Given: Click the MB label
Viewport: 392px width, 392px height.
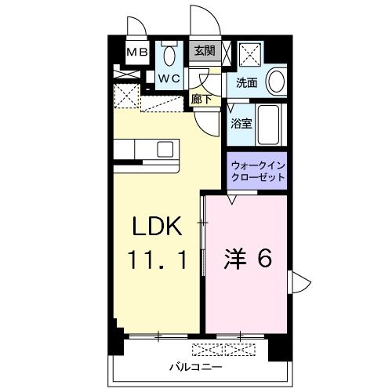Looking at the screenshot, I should (138, 53).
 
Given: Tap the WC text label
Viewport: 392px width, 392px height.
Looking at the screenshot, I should (171, 79).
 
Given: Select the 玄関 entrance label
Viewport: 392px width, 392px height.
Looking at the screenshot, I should (205, 50).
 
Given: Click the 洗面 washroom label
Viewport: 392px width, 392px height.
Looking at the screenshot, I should (247, 82).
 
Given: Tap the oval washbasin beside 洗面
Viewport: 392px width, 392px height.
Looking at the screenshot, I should (276, 81).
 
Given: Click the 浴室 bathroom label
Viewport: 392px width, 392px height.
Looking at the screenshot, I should (241, 124).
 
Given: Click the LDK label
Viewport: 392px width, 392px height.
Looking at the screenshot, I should (156, 227).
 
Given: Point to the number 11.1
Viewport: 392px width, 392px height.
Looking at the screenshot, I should (156, 260).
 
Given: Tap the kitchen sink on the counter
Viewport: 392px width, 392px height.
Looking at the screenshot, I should (166, 149).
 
